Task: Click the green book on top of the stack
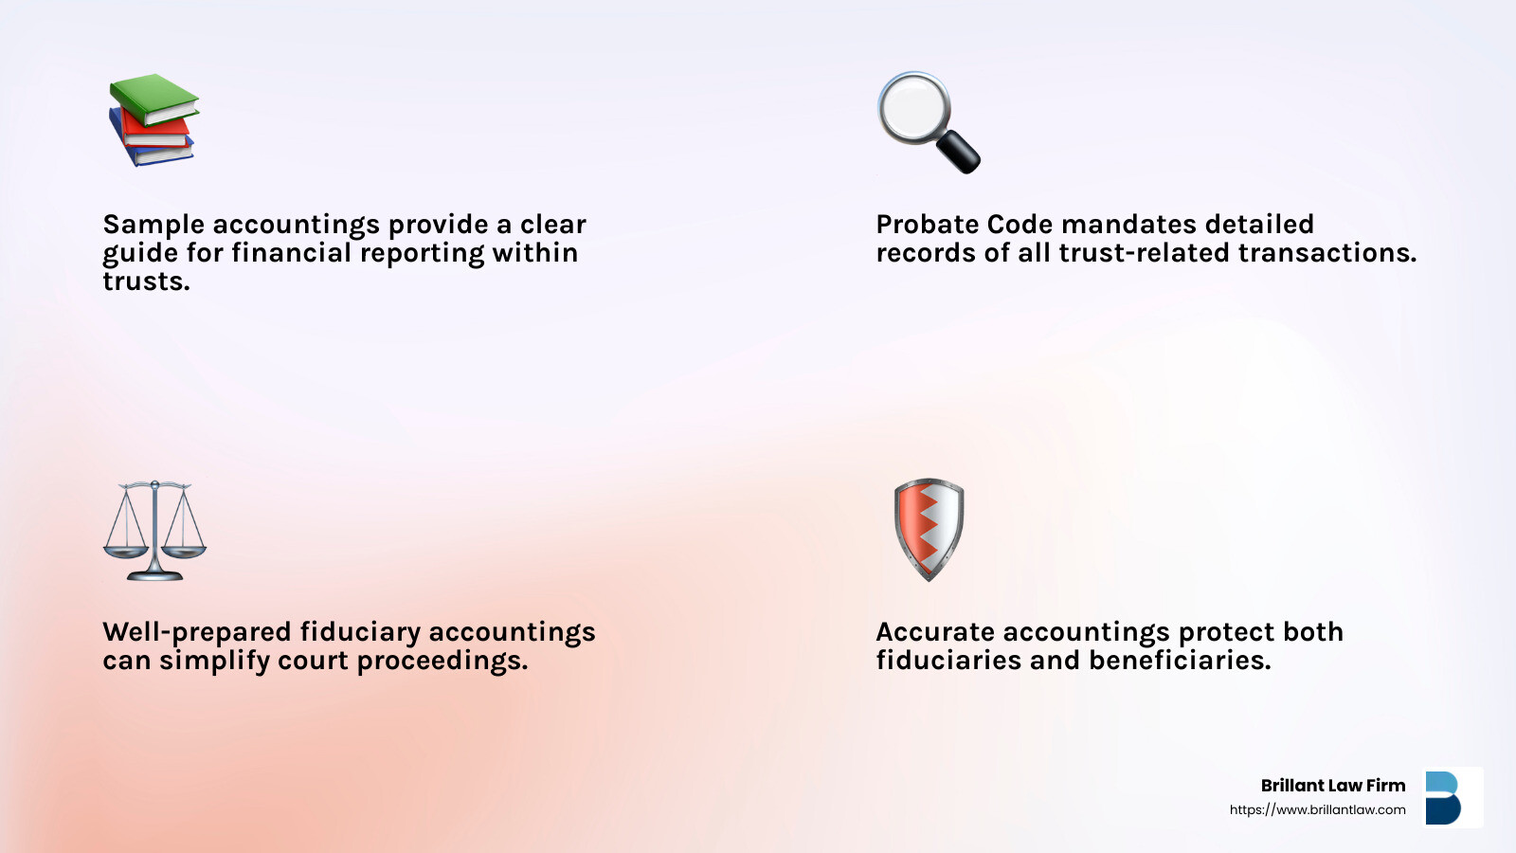pos(154,99)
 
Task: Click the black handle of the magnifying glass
pos(958,152)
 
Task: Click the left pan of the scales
pos(126,552)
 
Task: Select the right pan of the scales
pos(184,552)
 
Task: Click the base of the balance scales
pos(155,574)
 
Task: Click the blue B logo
pos(1443,797)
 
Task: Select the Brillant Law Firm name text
pos(1332,786)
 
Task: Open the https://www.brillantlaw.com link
pos(1317,809)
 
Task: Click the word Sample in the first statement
pos(153,225)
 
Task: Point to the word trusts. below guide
pos(146,281)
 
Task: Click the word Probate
pos(927,224)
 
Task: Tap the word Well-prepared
pos(197,632)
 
